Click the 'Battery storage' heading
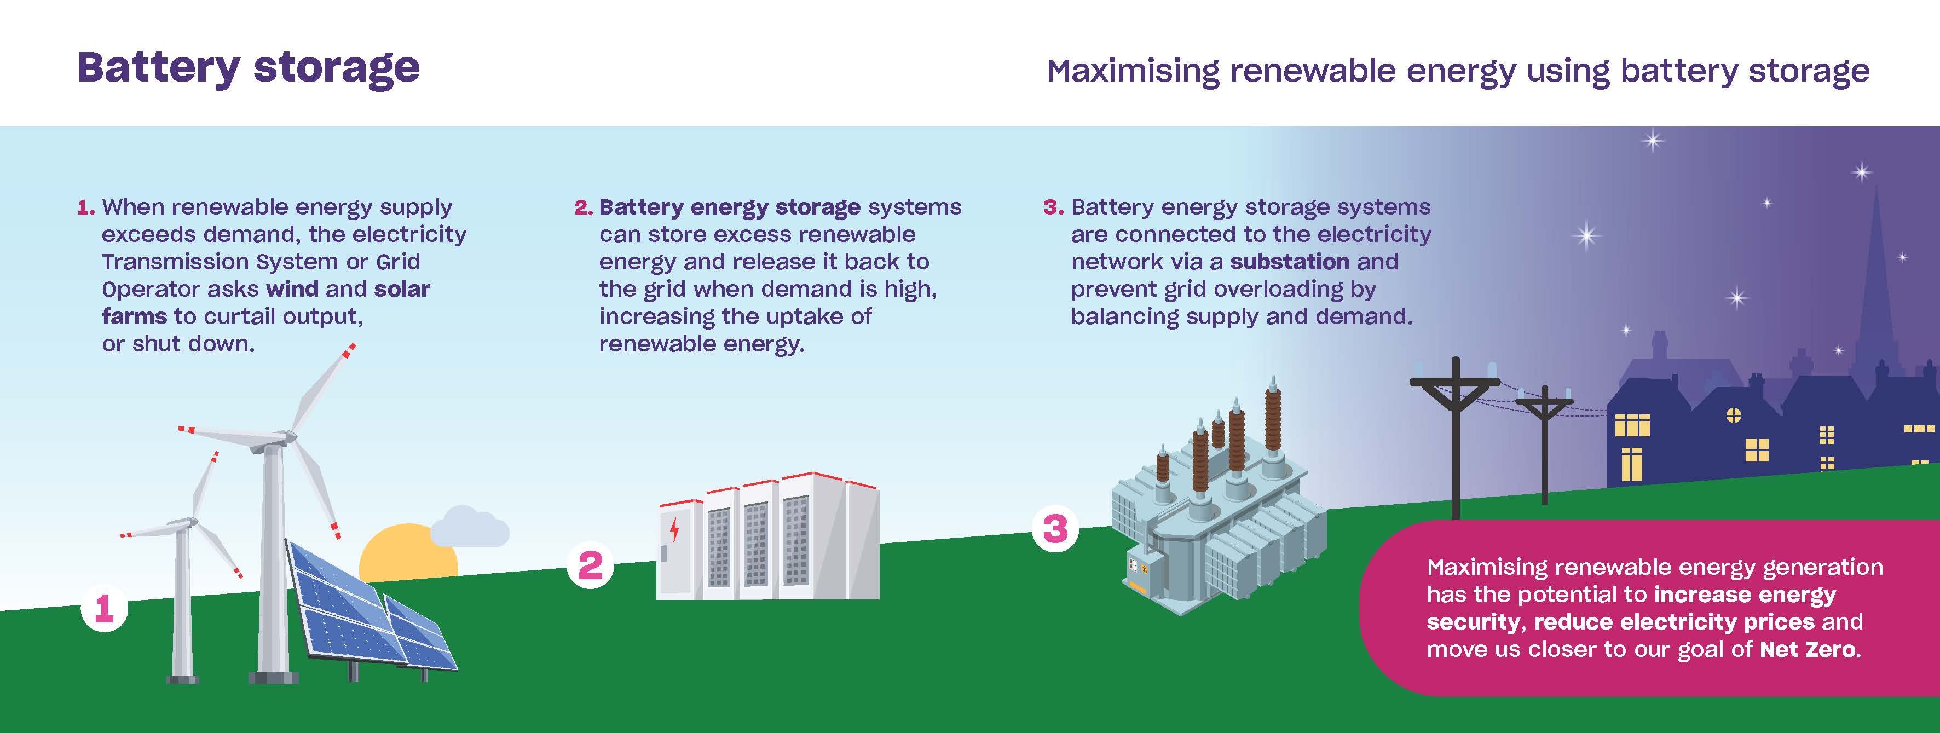[x=248, y=68]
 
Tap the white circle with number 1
[x=104, y=608]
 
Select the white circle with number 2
[x=591, y=565]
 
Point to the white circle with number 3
[x=1054, y=529]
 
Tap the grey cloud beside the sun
[x=470, y=527]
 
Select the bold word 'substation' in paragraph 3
[x=1289, y=262]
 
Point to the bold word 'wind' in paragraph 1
[x=292, y=289]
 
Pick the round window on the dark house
[x=1734, y=415]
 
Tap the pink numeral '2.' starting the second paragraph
[x=584, y=207]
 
